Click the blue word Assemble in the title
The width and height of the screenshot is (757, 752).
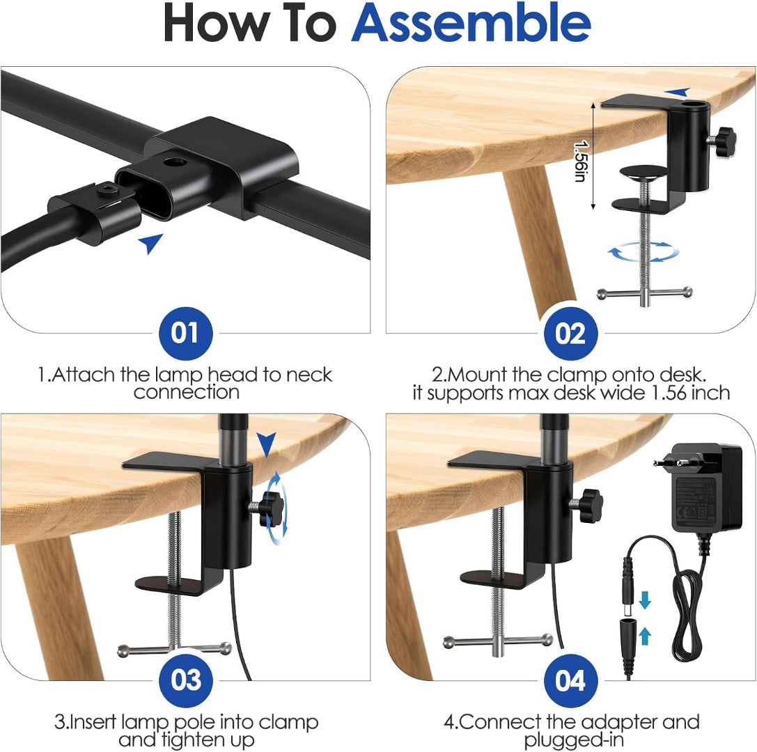pos(471,24)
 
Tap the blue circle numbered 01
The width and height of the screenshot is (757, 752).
pos(185,333)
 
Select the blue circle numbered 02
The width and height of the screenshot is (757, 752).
pos(570,333)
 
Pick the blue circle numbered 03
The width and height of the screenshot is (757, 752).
pos(185,680)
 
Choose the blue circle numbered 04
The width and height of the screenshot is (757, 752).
pos(570,680)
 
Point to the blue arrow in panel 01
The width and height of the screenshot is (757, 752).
pos(150,243)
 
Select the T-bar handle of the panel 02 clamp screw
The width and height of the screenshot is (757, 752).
pos(644,292)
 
